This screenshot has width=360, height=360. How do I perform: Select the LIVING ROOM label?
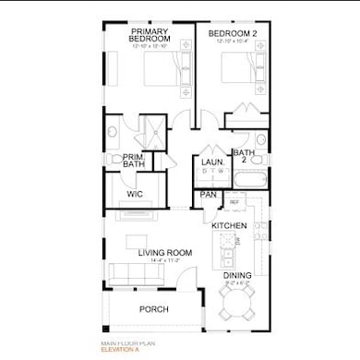164,252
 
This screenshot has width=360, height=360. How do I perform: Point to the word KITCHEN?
229,225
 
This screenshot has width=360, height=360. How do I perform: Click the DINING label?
236,274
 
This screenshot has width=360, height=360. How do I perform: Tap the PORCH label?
153,310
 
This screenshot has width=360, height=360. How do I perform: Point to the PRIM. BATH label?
135,160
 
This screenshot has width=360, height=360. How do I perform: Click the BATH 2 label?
244,155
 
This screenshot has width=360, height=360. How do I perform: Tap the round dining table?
237,301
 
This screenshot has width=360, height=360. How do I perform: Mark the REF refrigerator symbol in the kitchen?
234,201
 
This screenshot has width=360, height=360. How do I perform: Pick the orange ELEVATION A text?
122,351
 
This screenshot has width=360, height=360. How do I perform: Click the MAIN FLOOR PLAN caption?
126,344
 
